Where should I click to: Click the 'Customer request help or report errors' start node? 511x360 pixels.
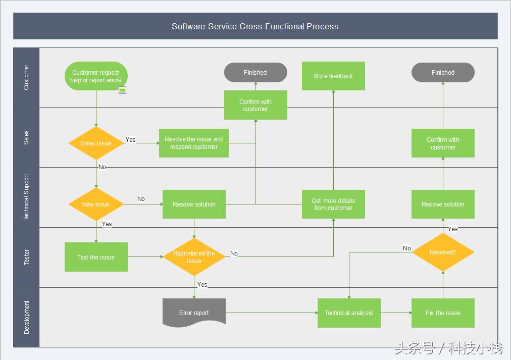(x=96, y=76)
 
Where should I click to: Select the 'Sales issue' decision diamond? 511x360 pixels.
(x=96, y=143)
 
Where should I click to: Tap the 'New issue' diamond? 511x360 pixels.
(x=96, y=204)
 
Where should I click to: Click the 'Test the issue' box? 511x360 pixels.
(x=96, y=257)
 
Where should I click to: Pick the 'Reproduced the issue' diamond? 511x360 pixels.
(x=194, y=257)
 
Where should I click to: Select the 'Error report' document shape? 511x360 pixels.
(x=194, y=313)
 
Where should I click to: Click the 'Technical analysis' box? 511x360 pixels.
(x=348, y=313)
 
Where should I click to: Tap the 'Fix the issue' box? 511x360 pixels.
(x=443, y=313)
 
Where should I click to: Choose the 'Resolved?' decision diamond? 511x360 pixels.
(x=443, y=252)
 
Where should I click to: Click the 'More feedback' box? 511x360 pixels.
(x=333, y=76)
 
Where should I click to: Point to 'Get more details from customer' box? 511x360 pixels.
(x=333, y=204)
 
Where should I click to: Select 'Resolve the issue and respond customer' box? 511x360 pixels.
(x=194, y=143)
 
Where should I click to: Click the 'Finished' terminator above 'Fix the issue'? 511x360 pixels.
(x=443, y=72)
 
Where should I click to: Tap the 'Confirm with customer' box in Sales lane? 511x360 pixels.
(x=443, y=143)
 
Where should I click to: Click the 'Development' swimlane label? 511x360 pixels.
(x=27, y=317)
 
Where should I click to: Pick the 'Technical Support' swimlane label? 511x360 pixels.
(x=27, y=197)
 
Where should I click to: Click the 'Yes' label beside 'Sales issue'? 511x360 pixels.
(x=131, y=140)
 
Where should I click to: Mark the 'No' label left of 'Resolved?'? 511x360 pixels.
(x=407, y=248)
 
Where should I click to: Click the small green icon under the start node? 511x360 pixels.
(x=122, y=90)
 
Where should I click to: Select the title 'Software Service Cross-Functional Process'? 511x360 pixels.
(x=255, y=26)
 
